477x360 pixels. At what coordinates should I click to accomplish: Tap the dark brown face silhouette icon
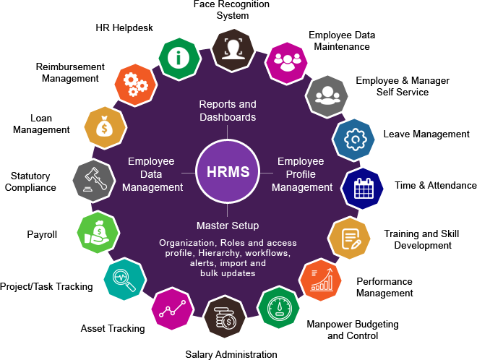233,48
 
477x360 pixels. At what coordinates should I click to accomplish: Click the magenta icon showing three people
287,62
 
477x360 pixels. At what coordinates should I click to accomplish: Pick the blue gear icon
353,140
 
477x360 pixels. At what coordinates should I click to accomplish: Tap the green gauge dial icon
279,309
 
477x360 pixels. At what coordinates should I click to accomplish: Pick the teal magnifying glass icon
124,278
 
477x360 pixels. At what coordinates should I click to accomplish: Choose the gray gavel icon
94,179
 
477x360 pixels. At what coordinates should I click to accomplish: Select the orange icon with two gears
135,85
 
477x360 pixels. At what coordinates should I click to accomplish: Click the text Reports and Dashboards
228,111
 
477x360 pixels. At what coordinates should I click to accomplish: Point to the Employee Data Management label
152,175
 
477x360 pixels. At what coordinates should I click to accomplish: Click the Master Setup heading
228,226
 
